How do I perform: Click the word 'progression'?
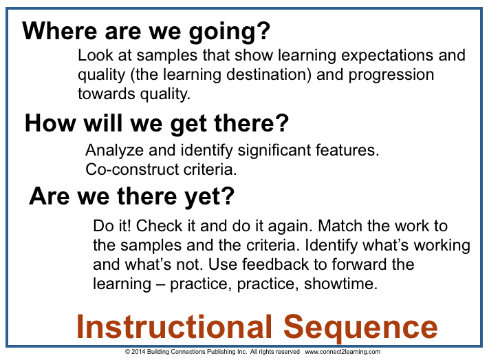tap(393, 74)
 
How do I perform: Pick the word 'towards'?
tap(103, 92)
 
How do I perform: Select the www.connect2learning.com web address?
tap(343, 352)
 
